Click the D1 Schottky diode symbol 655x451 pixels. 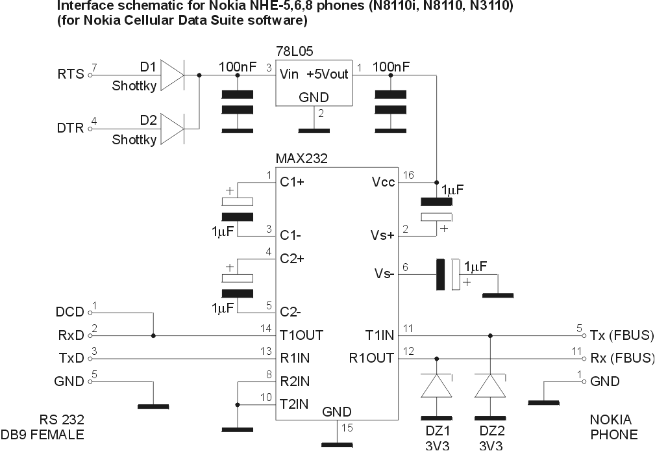(171, 75)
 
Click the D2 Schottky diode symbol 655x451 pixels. (171, 128)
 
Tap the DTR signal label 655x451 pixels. (71, 128)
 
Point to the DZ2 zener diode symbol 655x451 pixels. (489, 386)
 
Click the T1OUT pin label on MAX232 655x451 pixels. (301, 336)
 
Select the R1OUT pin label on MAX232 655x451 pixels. (371, 357)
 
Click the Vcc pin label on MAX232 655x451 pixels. (383, 183)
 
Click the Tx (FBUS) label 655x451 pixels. (622, 336)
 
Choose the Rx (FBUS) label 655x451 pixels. (622, 357)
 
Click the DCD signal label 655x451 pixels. (70, 313)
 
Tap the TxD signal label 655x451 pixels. (71, 357)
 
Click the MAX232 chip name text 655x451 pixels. (302, 158)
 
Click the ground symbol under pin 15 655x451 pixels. (336, 445)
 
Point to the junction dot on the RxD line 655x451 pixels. (153, 336)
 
